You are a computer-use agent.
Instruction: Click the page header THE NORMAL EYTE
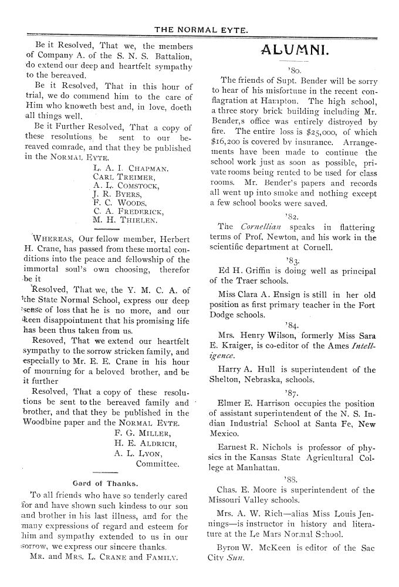tap(199, 28)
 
